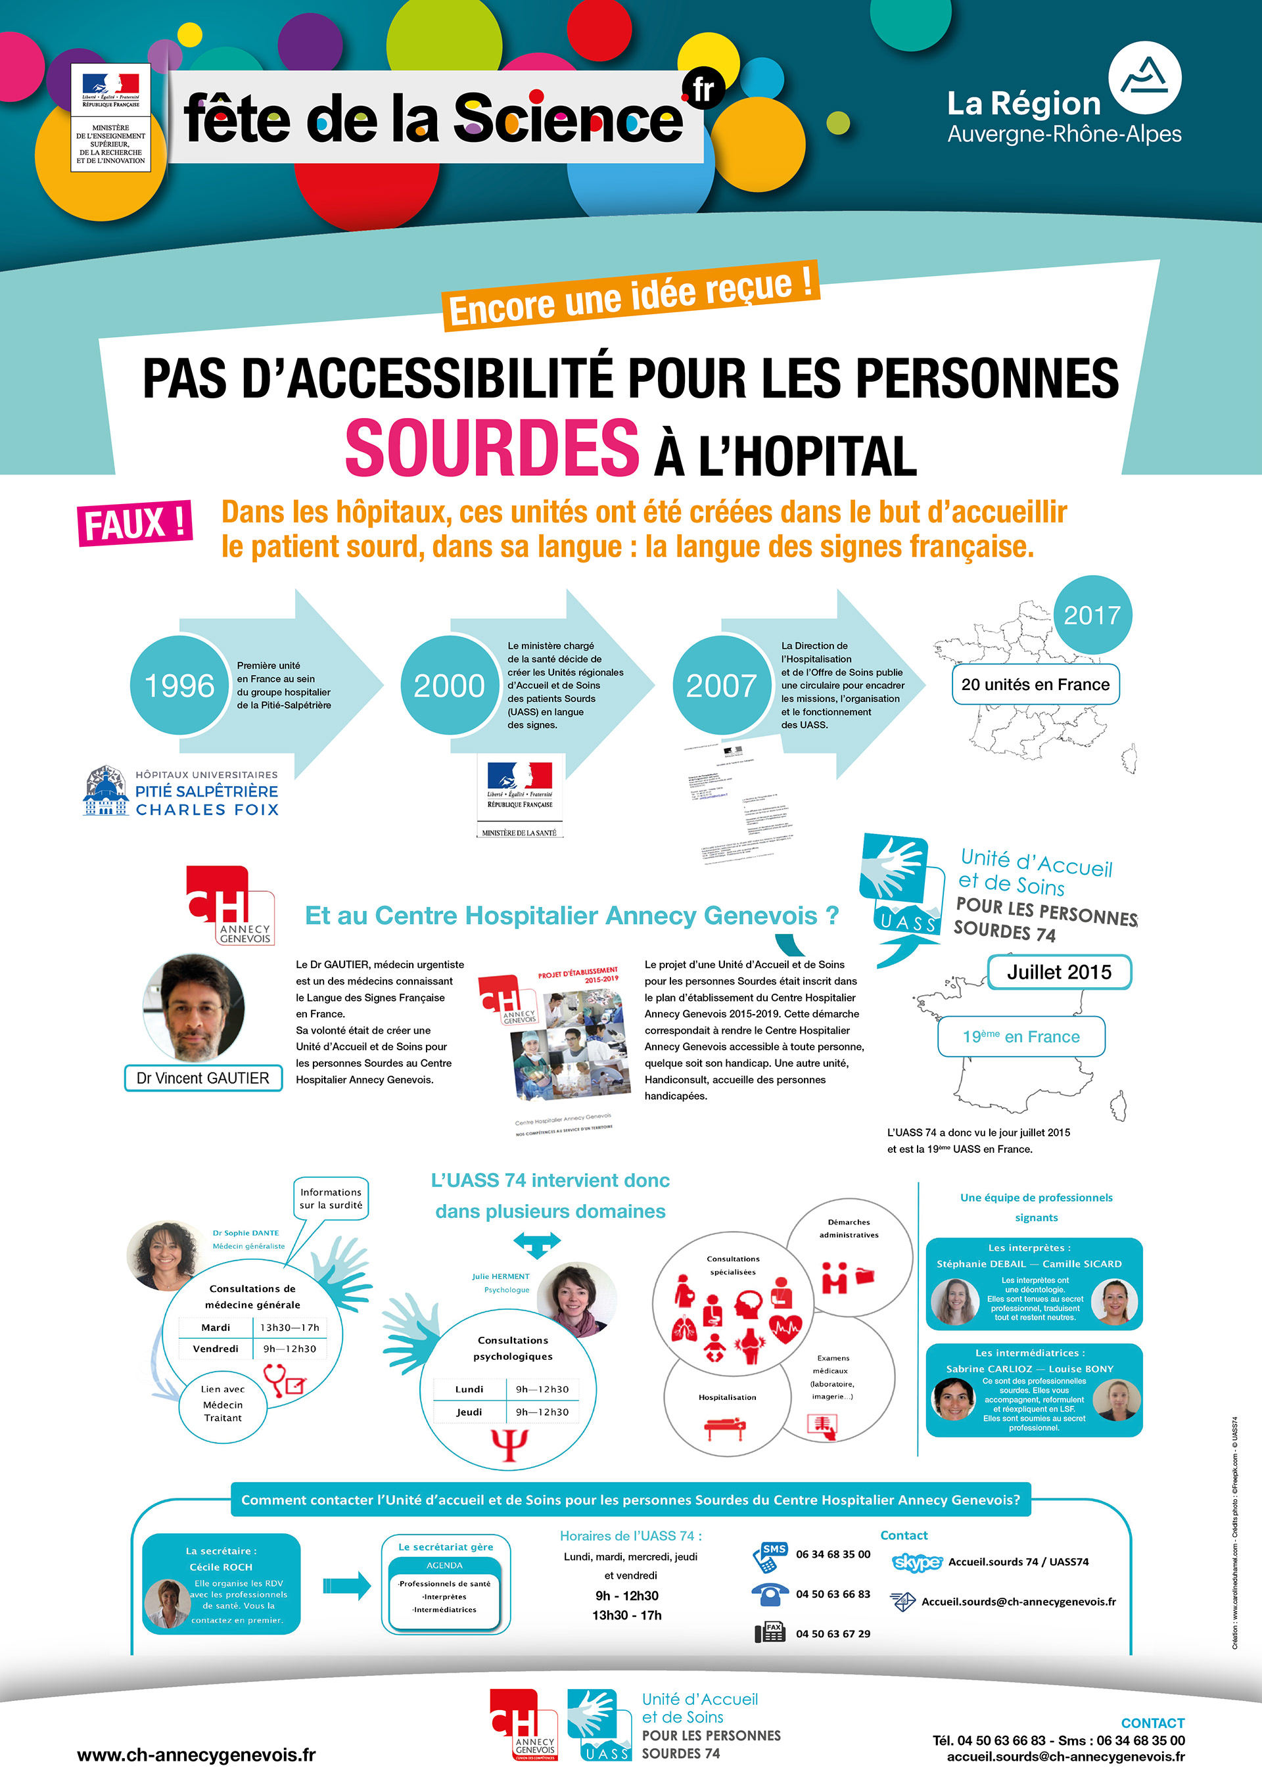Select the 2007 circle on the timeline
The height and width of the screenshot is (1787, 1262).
coord(721,685)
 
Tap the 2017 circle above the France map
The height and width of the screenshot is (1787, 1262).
coord(1092,615)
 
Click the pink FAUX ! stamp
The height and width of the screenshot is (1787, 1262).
coord(135,523)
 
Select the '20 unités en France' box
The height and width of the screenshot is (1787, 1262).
coord(1035,685)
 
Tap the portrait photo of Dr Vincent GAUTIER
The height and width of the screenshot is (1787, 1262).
coord(195,1008)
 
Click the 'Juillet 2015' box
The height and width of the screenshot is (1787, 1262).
coord(1059,972)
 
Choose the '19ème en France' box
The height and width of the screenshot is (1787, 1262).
coord(1021,1036)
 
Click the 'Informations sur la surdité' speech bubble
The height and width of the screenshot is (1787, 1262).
coord(331,1199)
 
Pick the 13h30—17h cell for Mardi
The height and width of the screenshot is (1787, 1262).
coord(290,1327)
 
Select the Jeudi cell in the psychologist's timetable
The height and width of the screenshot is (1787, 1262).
coord(469,1412)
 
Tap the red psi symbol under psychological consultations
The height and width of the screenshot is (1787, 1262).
coord(510,1445)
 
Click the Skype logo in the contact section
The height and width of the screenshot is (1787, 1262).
coord(916,1562)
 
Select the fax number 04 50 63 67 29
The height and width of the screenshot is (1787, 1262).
coord(833,1634)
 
